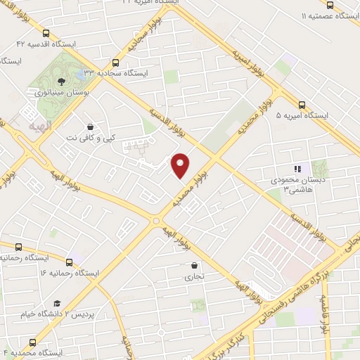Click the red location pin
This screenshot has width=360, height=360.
tap(181, 165)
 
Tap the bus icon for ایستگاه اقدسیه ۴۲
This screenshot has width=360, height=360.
tap(46, 33)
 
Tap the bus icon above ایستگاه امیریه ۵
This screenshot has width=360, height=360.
tap(302, 103)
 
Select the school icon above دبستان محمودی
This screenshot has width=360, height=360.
tap(297, 169)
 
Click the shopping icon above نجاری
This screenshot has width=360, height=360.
tap(193, 265)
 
